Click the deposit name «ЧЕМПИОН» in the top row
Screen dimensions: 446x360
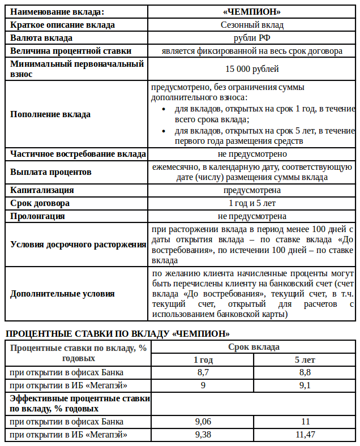[x=252, y=11]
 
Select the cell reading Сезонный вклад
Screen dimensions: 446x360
[x=252, y=25]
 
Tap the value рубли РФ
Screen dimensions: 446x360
[x=252, y=38]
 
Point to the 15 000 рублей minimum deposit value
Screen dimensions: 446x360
[x=252, y=69]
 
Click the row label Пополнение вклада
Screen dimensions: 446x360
[x=50, y=114]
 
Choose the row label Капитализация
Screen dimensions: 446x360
[x=42, y=190]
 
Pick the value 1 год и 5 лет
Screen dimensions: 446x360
[x=252, y=203]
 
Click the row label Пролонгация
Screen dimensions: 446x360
[x=37, y=216]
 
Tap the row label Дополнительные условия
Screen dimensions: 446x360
[x=62, y=294]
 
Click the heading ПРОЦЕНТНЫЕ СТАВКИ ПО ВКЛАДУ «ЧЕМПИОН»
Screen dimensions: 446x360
[x=117, y=333]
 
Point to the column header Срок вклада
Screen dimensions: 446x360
[x=254, y=347]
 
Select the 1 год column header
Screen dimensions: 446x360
[x=203, y=360]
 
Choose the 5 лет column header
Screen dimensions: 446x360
[x=305, y=360]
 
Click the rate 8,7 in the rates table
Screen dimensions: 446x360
[x=203, y=372]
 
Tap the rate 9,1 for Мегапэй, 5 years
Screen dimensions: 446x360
[x=305, y=385]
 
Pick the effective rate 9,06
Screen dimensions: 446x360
[x=203, y=422]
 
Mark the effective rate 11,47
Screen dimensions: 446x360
[x=305, y=435]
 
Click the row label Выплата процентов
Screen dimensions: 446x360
[x=51, y=171]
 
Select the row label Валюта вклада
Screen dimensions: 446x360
[x=41, y=38]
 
